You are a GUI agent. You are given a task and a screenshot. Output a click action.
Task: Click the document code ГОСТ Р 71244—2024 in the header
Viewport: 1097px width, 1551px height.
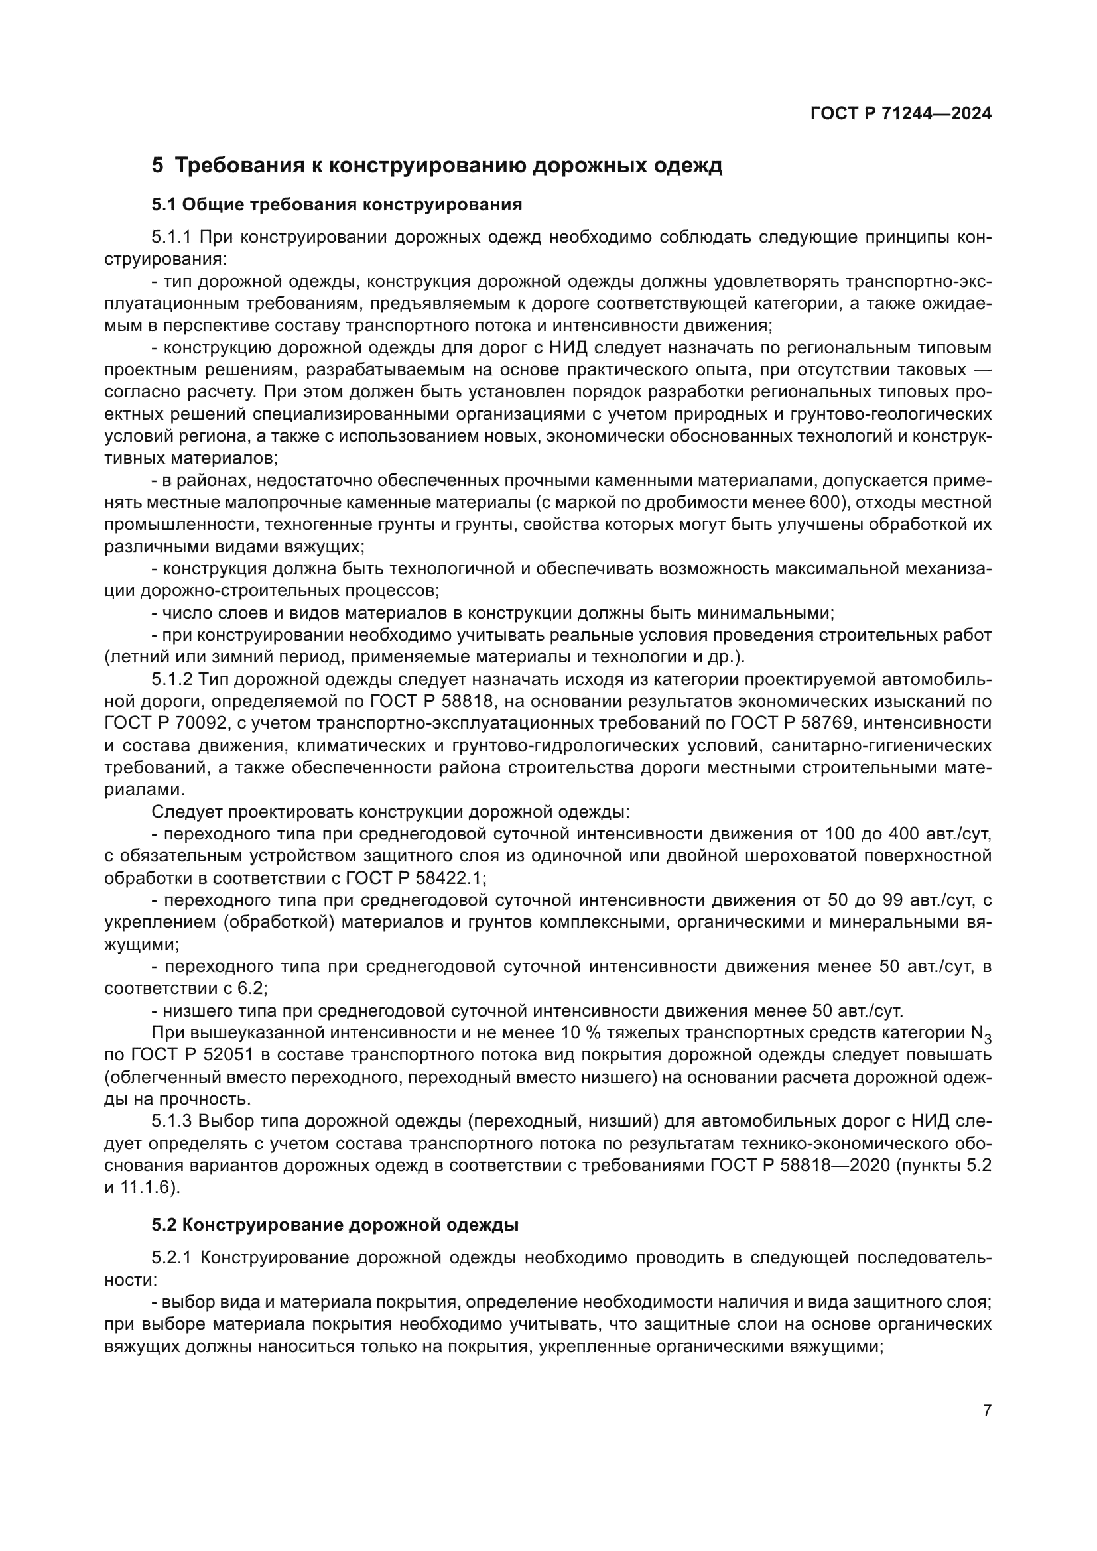[x=901, y=114]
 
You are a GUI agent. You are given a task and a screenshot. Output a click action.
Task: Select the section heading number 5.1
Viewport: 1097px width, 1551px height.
[x=164, y=204]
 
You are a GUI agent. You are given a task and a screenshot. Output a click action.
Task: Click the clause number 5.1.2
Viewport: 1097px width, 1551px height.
[x=172, y=679]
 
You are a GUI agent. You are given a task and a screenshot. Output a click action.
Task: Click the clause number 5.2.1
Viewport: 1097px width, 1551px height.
[x=172, y=1258]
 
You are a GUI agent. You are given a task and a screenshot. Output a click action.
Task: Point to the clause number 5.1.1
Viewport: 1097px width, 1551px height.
[x=172, y=237]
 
